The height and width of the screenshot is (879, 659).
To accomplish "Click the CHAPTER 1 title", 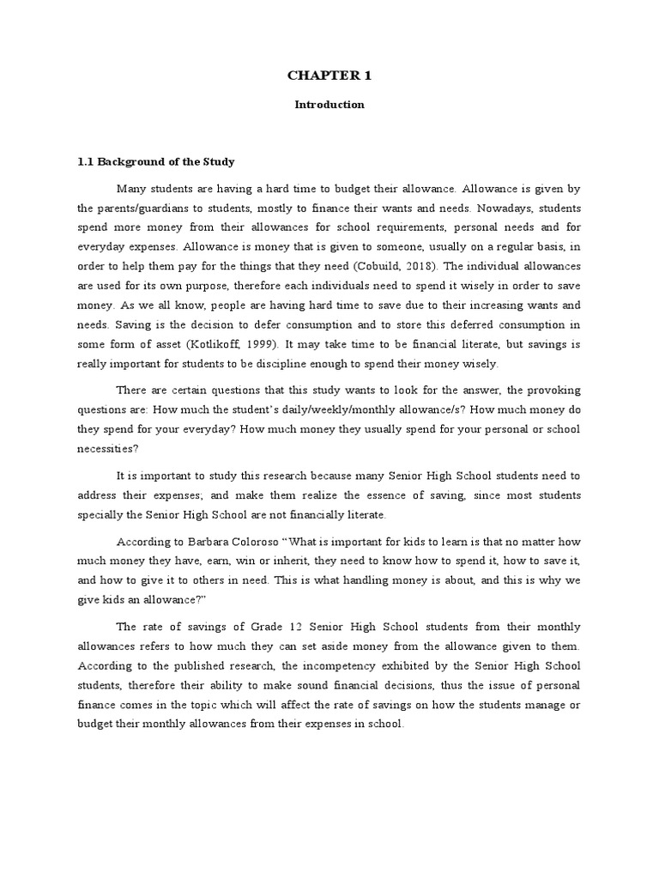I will click(x=329, y=76).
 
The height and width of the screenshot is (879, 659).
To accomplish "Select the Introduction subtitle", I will click(x=329, y=105).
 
